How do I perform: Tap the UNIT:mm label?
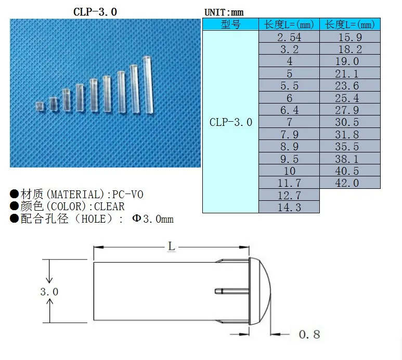[x=224, y=12]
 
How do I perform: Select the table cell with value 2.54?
[x=289, y=37]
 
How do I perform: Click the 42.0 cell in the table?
[x=349, y=183]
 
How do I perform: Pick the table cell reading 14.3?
[x=289, y=207]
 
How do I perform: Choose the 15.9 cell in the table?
[x=349, y=37]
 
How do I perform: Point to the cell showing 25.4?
[x=349, y=98]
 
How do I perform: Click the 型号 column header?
[x=230, y=24]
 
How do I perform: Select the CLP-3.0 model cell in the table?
[x=230, y=122]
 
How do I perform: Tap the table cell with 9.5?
[x=289, y=159]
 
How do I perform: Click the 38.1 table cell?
[x=349, y=159]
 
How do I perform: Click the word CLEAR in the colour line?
[x=109, y=207]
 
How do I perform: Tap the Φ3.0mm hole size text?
[x=152, y=219]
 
